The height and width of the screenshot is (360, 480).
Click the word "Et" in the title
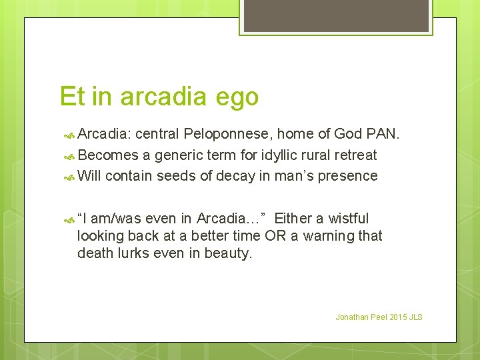pos(71,97)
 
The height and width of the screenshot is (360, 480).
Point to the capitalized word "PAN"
pos(383,135)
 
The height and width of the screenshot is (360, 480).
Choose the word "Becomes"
pos(107,155)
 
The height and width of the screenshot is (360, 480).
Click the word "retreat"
pos(353,155)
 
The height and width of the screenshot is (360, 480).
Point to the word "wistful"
pos(345,218)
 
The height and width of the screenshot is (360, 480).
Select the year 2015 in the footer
pos(397,317)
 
